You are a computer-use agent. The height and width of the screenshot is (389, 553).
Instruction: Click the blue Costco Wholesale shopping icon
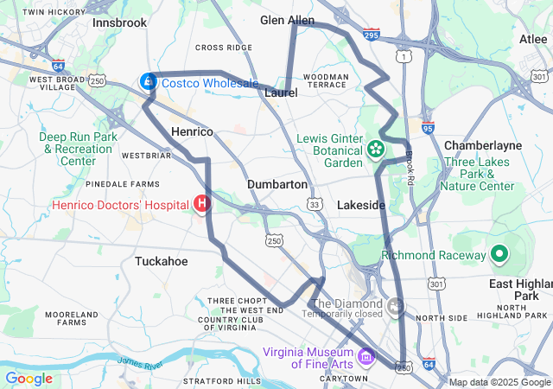pyautogui.click(x=149, y=82)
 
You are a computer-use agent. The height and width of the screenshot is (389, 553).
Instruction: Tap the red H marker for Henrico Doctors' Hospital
pyautogui.click(x=202, y=204)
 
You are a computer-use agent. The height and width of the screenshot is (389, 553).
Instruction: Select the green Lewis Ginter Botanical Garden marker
pyautogui.click(x=376, y=150)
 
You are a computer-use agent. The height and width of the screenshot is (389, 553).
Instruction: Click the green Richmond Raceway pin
pyautogui.click(x=499, y=254)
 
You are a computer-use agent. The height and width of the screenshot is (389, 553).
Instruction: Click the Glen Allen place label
pyautogui.click(x=288, y=20)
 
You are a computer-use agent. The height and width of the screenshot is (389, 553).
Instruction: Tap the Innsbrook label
pyautogui.click(x=120, y=22)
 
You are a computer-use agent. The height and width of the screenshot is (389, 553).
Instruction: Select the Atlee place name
pyautogui.click(x=533, y=39)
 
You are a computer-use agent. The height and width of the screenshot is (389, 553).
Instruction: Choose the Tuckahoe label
pyautogui.click(x=162, y=260)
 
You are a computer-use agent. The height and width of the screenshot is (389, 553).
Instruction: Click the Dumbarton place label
pyautogui.click(x=276, y=184)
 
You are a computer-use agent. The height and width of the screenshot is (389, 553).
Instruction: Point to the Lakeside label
pyautogui.click(x=360, y=205)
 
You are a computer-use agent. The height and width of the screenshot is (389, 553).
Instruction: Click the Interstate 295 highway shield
pyautogui.click(x=372, y=35)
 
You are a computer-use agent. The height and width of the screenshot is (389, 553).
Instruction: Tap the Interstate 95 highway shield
pyautogui.click(x=428, y=128)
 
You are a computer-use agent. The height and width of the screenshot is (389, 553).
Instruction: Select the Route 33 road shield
pyautogui.click(x=315, y=203)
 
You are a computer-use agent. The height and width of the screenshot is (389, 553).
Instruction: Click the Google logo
pyautogui.click(x=29, y=378)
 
